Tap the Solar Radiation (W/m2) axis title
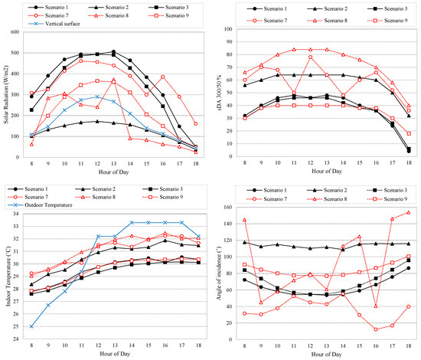[x=8, y=92]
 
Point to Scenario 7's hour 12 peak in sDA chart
[x=311, y=57]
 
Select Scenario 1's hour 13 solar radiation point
[x=114, y=52]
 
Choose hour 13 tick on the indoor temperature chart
[x=114, y=345]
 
